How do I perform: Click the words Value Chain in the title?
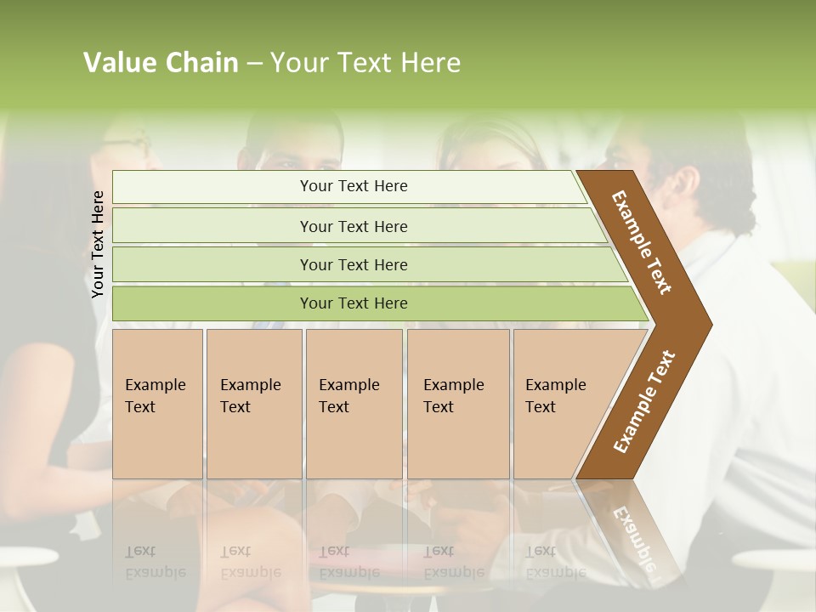(x=161, y=63)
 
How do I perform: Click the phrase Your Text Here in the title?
(x=365, y=63)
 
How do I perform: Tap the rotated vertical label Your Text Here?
(x=98, y=244)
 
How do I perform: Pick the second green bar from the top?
(x=353, y=226)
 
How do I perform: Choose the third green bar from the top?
(x=353, y=264)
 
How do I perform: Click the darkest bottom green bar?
(x=353, y=303)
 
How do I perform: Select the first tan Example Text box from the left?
(x=157, y=404)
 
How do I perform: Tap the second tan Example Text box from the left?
(x=253, y=404)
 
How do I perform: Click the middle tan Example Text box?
(x=354, y=404)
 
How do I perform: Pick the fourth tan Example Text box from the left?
(x=457, y=404)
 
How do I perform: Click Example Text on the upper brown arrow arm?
(x=642, y=242)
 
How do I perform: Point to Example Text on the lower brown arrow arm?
(x=643, y=401)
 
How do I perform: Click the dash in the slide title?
(x=254, y=64)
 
